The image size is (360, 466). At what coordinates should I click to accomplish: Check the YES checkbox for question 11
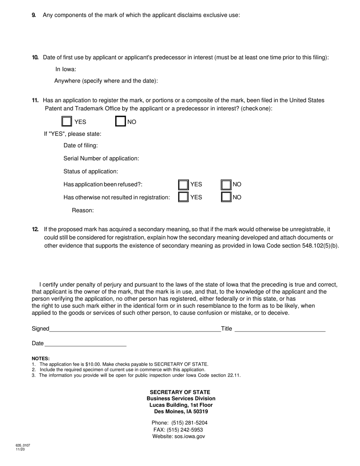(67, 121)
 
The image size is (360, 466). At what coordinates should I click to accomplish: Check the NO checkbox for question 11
(120, 121)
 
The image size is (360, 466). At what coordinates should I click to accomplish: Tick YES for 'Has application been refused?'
(183, 185)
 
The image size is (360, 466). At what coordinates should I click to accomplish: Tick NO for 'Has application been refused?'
(226, 185)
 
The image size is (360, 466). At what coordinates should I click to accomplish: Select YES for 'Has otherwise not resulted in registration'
(183, 197)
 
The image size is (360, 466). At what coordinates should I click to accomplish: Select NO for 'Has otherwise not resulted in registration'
(226, 197)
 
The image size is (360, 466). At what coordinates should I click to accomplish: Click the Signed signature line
(135, 329)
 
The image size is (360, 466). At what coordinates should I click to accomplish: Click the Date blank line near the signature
(85, 343)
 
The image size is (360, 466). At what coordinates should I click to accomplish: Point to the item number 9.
(34, 15)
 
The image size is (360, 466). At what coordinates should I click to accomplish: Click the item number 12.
(35, 229)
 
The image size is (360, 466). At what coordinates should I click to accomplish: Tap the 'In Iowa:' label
(66, 69)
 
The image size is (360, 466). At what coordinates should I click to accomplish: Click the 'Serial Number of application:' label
(101, 158)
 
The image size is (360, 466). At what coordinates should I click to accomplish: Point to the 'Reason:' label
(83, 210)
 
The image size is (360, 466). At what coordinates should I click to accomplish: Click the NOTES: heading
(41, 358)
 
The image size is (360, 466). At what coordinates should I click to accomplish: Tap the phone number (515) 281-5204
(189, 423)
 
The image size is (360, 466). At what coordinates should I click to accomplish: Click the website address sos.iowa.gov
(189, 436)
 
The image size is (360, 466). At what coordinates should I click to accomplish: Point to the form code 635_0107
(23, 446)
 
